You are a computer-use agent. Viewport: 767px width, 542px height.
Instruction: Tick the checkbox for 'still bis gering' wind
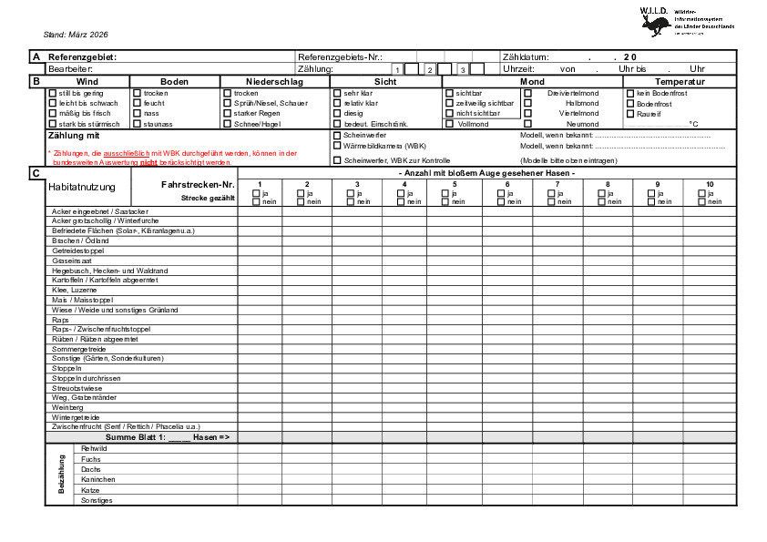pos(52,93)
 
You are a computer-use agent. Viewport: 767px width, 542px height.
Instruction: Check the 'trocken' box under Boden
pos(138,93)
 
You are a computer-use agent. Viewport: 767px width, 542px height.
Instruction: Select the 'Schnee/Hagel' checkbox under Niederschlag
pos(228,123)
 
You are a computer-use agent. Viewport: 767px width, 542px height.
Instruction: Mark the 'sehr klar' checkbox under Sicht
pos(337,93)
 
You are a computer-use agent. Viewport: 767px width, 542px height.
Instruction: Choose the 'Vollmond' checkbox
pos(449,124)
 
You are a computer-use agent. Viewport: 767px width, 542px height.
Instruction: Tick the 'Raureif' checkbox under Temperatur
pos(630,114)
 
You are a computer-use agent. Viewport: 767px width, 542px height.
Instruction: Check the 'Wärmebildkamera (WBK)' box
pos(337,146)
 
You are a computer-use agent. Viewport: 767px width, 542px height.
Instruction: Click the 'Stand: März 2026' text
pos(76,34)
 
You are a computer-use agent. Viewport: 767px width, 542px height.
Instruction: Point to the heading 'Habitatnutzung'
pos(82,187)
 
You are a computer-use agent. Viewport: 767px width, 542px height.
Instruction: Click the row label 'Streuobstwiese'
pos(77,388)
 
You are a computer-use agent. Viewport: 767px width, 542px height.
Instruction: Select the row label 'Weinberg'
pos(67,407)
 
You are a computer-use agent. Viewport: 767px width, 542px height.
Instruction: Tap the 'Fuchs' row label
pos(91,459)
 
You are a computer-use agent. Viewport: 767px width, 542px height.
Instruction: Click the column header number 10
pos(710,185)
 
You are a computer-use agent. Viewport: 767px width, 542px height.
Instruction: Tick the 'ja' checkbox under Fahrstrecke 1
pos(256,193)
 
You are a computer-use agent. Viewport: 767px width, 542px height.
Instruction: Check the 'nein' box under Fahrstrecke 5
pos(447,201)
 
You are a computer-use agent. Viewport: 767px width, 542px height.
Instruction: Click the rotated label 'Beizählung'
pos(62,474)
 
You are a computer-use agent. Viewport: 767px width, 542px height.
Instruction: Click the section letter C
pos(36,173)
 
